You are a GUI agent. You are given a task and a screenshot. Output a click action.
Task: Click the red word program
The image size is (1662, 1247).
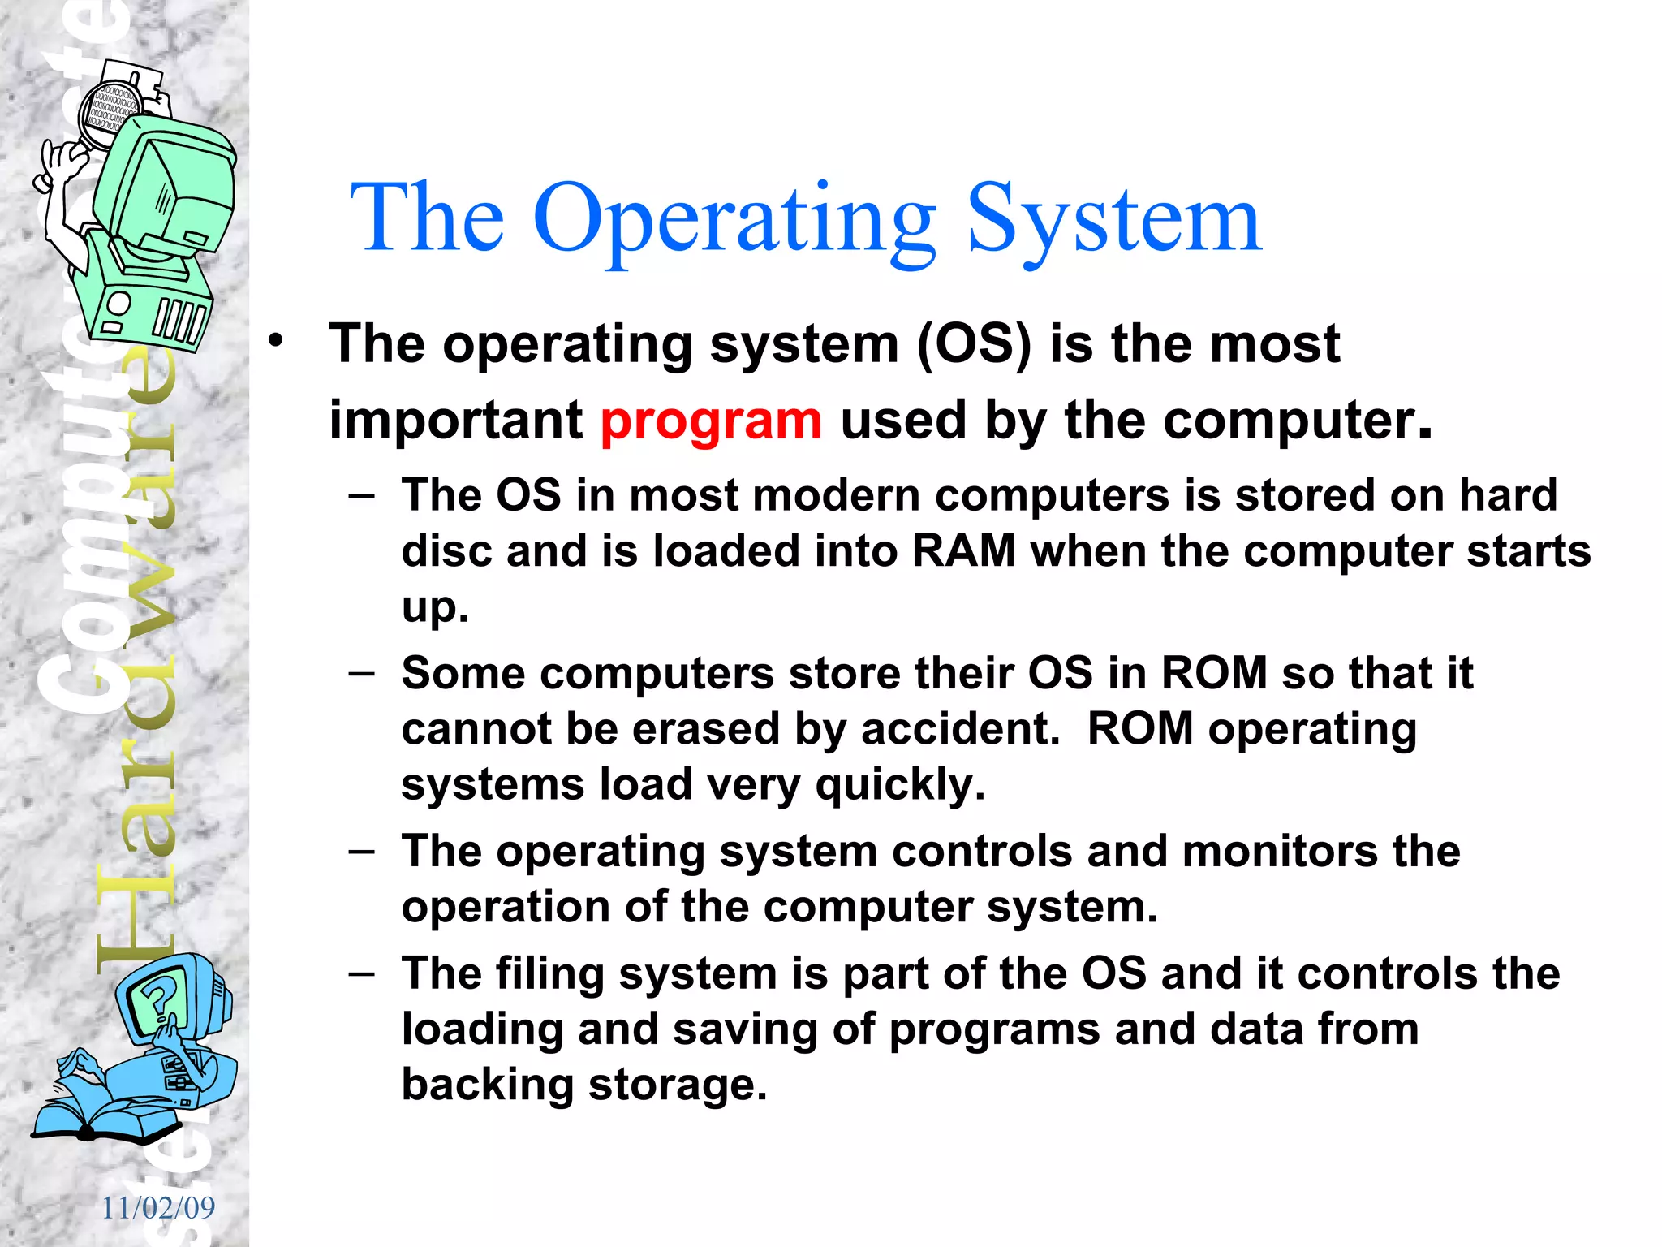pyautogui.click(x=711, y=422)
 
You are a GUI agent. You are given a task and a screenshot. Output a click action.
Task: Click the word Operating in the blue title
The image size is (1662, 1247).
pyautogui.click(x=734, y=219)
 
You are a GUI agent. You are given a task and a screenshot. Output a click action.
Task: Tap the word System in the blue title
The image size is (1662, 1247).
pyautogui.click(x=1113, y=219)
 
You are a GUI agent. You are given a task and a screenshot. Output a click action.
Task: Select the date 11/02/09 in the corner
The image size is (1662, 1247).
pyautogui.click(x=158, y=1208)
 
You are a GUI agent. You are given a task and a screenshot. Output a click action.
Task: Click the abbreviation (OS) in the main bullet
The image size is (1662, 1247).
pyautogui.click(x=974, y=344)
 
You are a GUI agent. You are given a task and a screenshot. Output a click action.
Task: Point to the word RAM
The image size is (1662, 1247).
pyautogui.click(x=963, y=551)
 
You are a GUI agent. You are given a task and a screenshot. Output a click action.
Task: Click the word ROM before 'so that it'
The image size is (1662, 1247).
pyautogui.click(x=1214, y=673)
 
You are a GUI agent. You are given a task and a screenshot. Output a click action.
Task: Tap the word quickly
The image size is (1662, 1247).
pyautogui.click(x=900, y=785)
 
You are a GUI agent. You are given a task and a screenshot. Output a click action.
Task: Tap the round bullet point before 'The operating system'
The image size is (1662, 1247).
pyautogui.click(x=277, y=341)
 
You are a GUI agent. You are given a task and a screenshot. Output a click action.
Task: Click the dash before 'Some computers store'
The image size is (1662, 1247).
pyautogui.click(x=361, y=673)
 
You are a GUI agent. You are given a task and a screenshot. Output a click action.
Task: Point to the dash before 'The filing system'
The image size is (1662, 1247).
pyautogui.click(x=361, y=973)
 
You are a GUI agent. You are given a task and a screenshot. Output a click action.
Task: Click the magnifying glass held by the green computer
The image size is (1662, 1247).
pyautogui.click(x=110, y=114)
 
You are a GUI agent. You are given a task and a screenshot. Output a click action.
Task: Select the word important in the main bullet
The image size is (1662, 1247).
pyautogui.click(x=455, y=421)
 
